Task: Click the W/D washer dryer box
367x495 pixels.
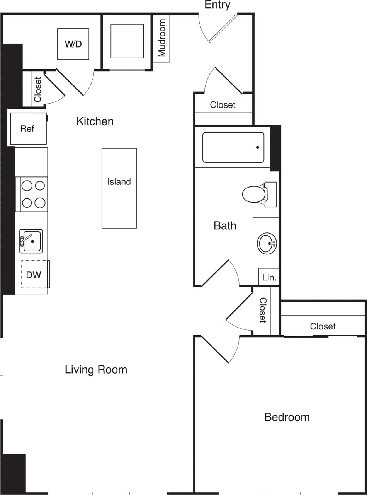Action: click(73, 44)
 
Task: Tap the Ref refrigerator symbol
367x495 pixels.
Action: click(27, 129)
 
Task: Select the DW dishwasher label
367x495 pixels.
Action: click(34, 275)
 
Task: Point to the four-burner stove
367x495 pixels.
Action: click(33, 194)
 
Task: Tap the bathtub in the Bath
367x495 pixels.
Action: click(233, 147)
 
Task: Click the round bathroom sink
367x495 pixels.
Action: click(267, 243)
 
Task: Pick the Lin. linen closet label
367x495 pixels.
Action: click(269, 277)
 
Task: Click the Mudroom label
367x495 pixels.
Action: click(161, 38)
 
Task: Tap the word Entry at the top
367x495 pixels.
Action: click(217, 5)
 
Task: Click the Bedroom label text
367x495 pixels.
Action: click(287, 417)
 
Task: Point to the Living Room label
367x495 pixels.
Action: click(96, 370)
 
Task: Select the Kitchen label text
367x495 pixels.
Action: click(95, 121)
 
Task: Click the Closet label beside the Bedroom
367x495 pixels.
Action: click(323, 326)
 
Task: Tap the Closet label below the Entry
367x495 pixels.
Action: click(223, 105)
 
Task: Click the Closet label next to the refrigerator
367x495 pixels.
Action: click(38, 89)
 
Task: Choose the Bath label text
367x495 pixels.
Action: click(225, 225)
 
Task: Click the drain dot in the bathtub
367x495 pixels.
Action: click(257, 147)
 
